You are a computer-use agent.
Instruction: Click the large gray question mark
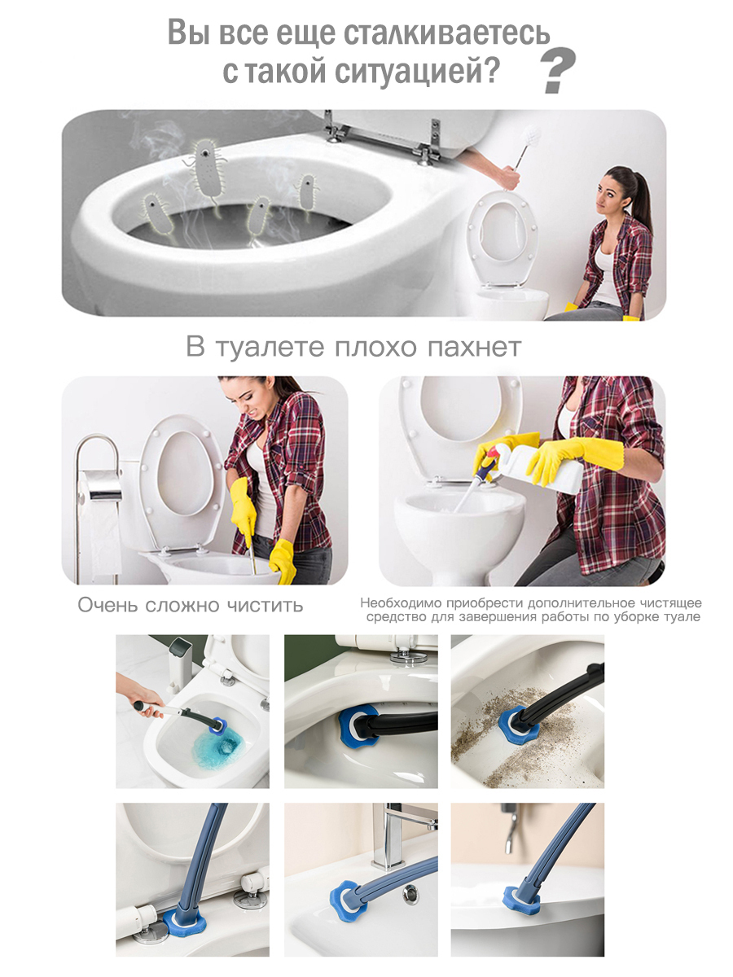click(559, 70)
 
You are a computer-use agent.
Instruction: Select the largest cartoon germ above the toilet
click(207, 169)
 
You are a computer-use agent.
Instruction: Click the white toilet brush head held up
click(531, 133)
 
